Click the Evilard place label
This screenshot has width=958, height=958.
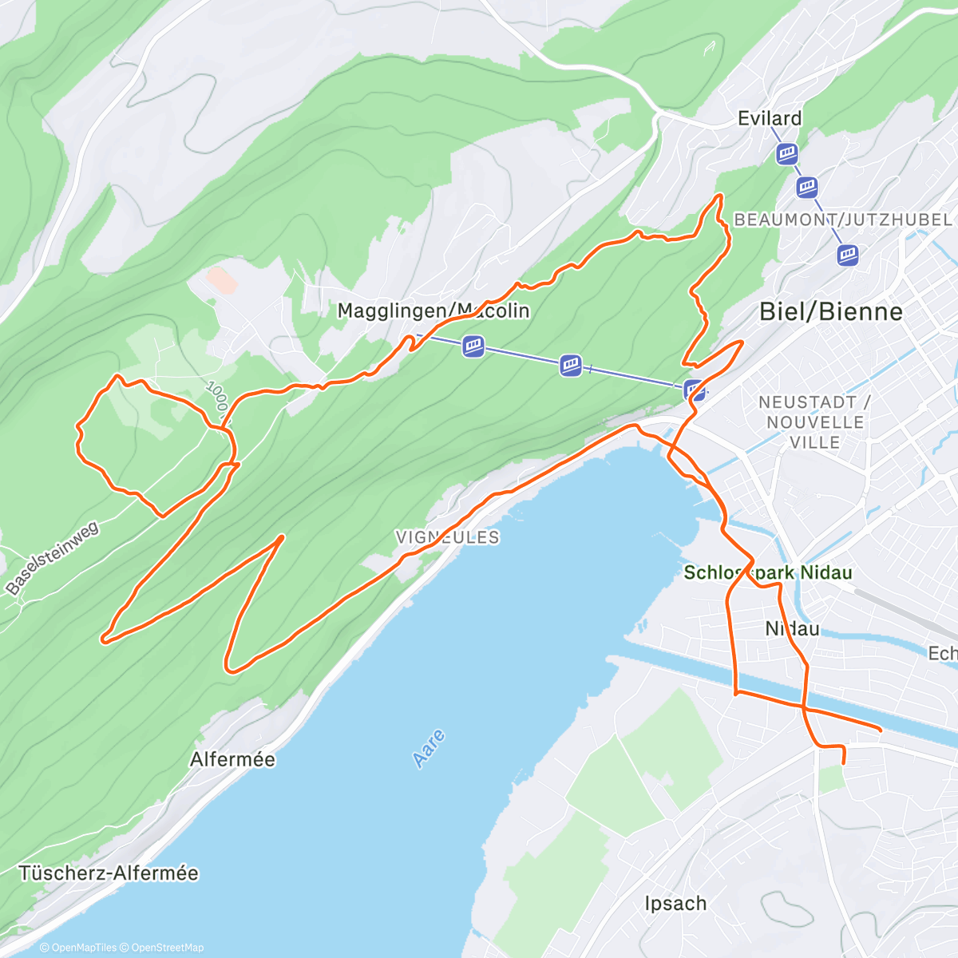(769, 118)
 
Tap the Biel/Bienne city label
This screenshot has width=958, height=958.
(830, 311)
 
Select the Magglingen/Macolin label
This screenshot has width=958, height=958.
(433, 311)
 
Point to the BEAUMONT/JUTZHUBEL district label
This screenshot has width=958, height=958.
(842, 220)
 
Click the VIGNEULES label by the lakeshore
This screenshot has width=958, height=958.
(447, 537)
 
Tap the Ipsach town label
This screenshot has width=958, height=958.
(675, 904)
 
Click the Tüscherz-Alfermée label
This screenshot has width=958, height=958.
(109, 873)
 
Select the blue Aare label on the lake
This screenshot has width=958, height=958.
(430, 748)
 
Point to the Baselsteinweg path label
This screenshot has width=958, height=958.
(52, 557)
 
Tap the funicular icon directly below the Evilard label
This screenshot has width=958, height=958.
(787, 153)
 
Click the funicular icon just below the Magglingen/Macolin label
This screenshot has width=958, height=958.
(473, 346)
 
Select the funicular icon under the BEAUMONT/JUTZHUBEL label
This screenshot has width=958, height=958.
(847, 255)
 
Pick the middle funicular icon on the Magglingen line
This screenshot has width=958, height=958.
(571, 366)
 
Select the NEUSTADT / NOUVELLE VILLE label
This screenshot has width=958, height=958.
(814, 422)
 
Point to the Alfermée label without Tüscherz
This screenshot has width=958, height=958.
(232, 759)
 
